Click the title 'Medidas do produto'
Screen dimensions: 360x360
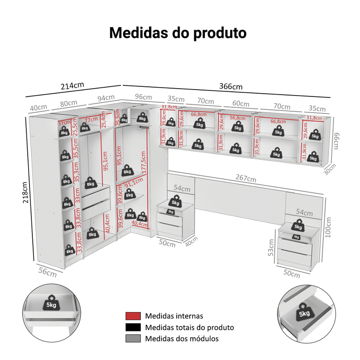coord(178,33)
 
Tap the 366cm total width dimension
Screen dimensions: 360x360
coord(230,87)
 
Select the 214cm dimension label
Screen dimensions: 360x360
coord(72,86)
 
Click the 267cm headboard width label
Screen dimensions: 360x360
coord(245,179)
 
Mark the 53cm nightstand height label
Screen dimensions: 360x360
coord(271,250)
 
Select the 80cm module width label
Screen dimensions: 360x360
coord(68,103)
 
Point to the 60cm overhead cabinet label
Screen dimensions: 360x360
coord(240,104)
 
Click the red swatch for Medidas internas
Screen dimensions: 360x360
coord(132,316)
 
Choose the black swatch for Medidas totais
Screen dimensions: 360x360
coord(132,327)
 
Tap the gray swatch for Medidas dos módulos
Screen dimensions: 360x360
coord(132,338)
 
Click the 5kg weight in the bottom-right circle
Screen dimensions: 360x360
coord(304,314)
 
